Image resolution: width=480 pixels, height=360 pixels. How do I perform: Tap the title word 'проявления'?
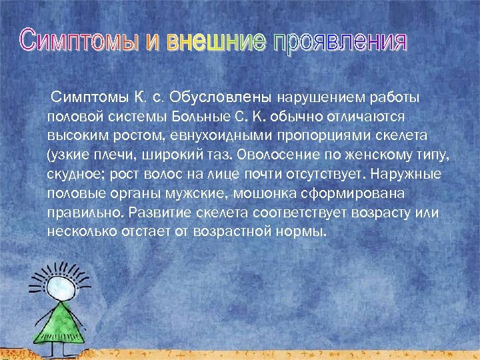pyautogui.click(x=338, y=41)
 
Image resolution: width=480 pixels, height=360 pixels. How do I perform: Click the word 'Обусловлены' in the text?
pyautogui.click(x=231, y=98)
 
